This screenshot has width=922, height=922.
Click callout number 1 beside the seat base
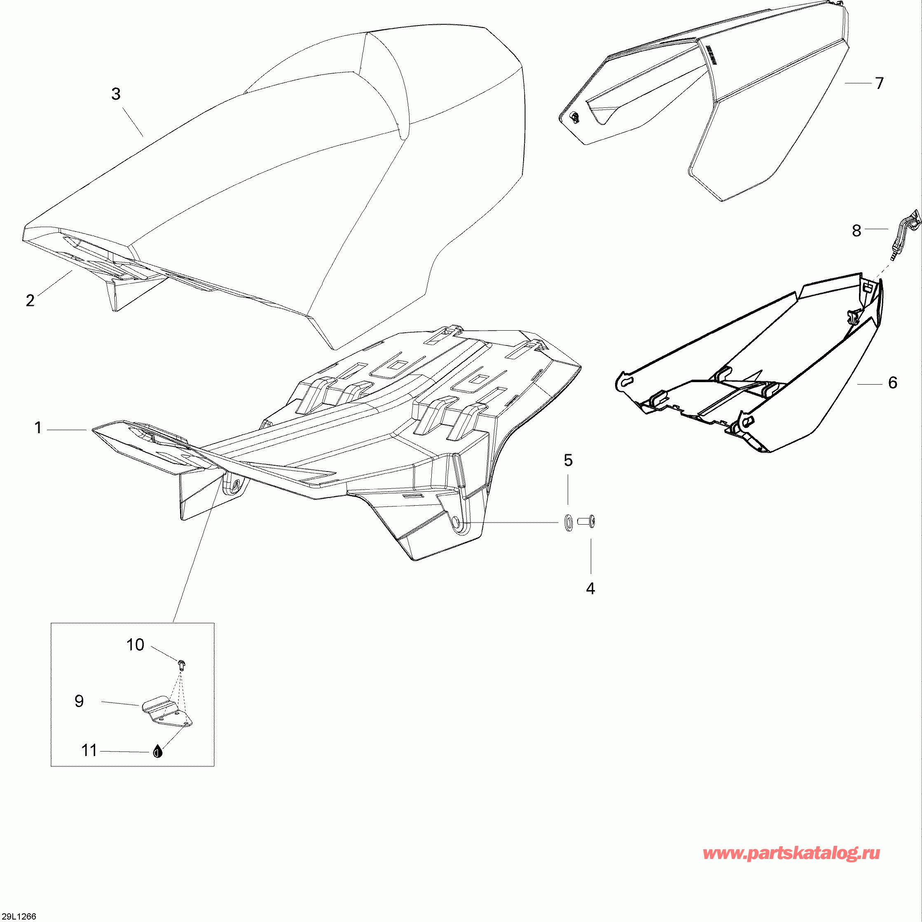click(x=38, y=427)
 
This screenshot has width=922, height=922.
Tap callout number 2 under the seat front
click(x=30, y=301)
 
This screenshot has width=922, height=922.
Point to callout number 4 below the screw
click(x=591, y=589)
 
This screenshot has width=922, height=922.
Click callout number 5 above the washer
click(x=568, y=460)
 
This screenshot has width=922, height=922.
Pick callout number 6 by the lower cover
click(x=892, y=382)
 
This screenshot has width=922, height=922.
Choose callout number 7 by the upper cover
click(x=880, y=83)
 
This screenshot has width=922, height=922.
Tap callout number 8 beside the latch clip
click(x=856, y=231)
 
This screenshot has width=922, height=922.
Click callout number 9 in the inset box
click(x=79, y=701)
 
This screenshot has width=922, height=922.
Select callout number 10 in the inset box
click(x=135, y=645)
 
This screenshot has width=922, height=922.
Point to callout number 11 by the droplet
click(x=89, y=751)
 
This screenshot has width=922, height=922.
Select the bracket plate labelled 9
click(x=168, y=712)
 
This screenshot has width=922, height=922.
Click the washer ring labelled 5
click(x=568, y=523)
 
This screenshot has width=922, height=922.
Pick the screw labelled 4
click(x=586, y=522)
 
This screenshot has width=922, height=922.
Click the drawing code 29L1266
click(x=19, y=916)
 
